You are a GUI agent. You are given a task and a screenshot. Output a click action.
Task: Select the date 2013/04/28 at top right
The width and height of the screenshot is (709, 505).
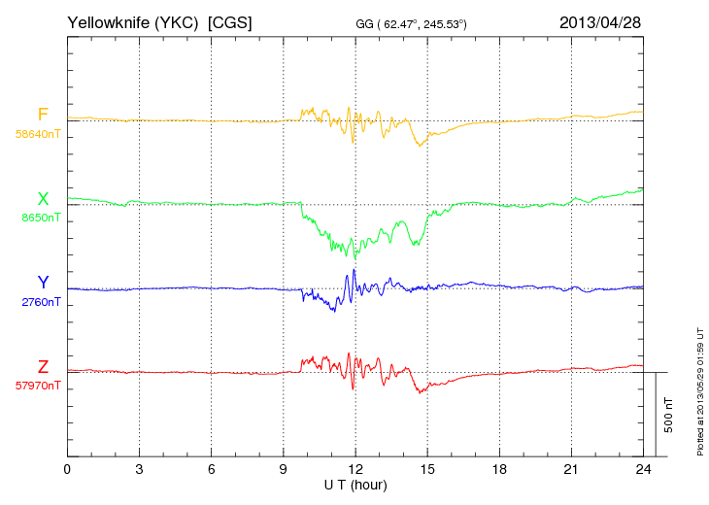(600, 21)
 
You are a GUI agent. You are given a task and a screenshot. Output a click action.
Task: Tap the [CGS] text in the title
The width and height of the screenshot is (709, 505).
(229, 21)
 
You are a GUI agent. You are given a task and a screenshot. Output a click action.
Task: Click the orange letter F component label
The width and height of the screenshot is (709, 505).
(42, 116)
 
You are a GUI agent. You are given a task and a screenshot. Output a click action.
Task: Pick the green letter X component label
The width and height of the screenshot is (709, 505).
(43, 199)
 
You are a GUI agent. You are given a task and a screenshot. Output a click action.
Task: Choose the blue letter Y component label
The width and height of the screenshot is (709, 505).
(43, 283)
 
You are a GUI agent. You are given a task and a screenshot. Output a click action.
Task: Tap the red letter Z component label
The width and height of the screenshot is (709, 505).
(43, 367)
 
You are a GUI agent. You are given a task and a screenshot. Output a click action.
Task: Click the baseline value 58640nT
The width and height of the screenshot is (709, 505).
(37, 134)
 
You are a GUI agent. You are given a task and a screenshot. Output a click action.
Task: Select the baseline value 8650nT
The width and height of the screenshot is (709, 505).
(40, 218)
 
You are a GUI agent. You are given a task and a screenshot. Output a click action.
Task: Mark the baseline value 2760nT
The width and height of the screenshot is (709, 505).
(40, 302)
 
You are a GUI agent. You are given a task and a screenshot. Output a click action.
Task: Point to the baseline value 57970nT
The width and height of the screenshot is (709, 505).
(37, 386)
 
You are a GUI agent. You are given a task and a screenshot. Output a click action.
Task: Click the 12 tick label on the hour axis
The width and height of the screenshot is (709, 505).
(355, 469)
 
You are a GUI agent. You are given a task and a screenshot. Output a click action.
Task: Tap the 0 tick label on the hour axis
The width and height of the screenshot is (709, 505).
(67, 469)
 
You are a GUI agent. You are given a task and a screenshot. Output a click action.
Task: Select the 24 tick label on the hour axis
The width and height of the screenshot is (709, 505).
(643, 469)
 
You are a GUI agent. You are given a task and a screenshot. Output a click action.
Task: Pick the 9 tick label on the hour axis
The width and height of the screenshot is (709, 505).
(284, 469)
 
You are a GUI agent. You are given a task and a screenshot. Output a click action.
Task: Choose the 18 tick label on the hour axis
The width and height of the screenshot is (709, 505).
(499, 469)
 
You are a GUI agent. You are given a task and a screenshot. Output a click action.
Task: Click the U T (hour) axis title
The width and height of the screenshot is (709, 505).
(355, 484)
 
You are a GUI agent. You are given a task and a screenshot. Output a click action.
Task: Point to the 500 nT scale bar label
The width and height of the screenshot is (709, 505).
(669, 414)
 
